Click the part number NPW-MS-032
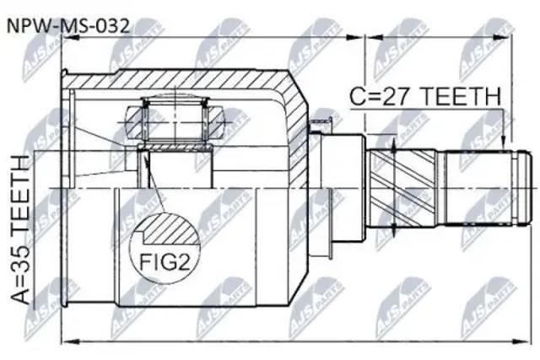coord(68,26)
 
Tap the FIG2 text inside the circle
coord(165,262)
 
